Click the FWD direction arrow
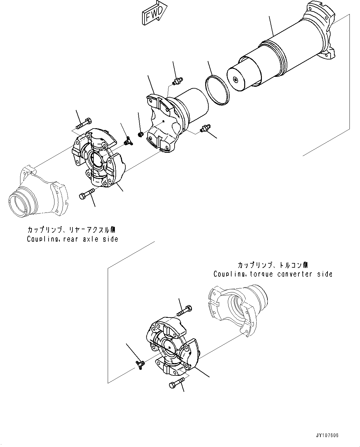click(x=154, y=13)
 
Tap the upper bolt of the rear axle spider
click(x=84, y=123)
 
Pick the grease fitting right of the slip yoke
click(x=205, y=129)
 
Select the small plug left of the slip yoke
click(x=140, y=134)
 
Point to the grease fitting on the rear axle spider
click(x=127, y=142)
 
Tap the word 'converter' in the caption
click(x=296, y=274)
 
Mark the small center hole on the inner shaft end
click(x=236, y=80)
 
